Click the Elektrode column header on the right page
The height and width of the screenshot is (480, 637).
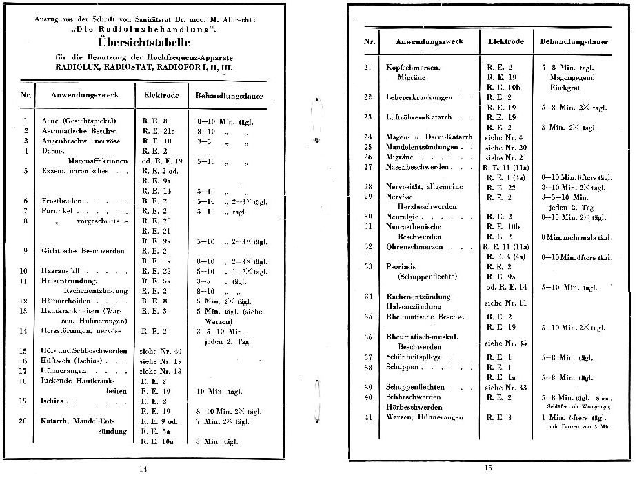pos(506,41)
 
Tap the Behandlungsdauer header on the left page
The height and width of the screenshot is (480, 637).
pos(222,94)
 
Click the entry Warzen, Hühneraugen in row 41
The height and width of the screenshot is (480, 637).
pos(422,417)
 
